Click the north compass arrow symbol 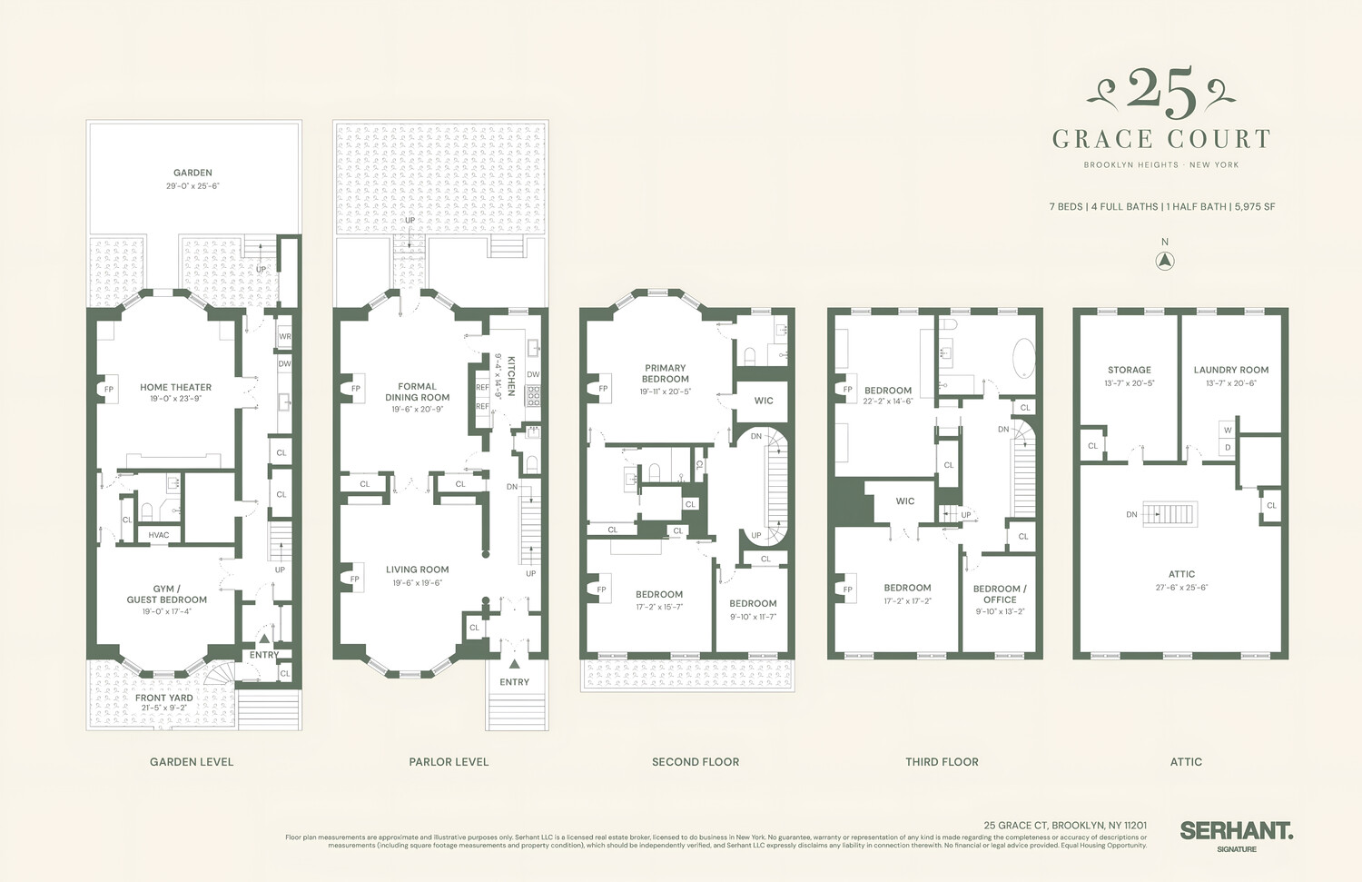(1165, 261)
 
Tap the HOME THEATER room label (175, 387)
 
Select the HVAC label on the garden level (159, 535)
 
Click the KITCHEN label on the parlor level (511, 375)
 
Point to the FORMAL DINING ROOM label (417, 391)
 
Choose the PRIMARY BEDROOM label (666, 373)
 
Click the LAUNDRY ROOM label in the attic (1230, 370)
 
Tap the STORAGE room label (1129, 370)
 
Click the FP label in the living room (355, 579)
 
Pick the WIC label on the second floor (764, 401)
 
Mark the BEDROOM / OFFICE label (1000, 594)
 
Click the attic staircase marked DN (1170, 513)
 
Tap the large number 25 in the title (1161, 94)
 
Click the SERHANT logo (1236, 830)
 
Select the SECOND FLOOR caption (696, 762)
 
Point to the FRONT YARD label (163, 698)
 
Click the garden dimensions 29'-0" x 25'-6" (192, 186)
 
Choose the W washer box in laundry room (1228, 431)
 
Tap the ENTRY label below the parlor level (514, 682)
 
